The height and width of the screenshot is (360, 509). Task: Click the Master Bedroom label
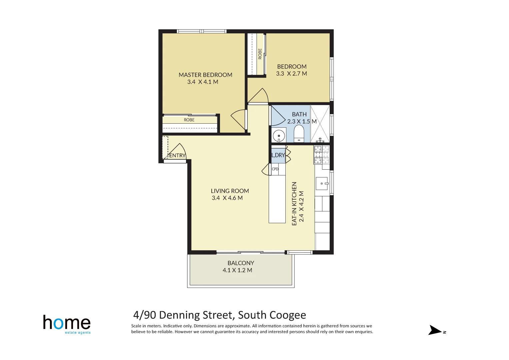205,75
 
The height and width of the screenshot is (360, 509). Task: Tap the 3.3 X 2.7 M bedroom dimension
291,74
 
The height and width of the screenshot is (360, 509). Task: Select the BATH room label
299,114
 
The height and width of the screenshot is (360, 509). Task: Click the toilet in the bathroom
299,133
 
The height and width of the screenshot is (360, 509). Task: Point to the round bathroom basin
279,136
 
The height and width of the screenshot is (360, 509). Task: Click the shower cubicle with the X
320,123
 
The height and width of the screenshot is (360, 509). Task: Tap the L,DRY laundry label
278,155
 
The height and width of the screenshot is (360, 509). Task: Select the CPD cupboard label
275,169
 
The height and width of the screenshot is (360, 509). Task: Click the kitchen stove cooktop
322,154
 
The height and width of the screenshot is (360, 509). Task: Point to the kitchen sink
322,184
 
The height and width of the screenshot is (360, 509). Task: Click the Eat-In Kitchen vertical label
294,203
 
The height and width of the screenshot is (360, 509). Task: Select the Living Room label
230,191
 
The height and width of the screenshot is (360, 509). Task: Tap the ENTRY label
177,156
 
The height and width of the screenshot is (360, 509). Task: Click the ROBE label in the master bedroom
189,120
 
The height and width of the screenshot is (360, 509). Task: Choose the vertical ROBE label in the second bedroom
260,54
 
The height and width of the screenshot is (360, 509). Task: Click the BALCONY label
241,263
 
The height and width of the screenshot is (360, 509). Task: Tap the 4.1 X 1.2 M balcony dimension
237,270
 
